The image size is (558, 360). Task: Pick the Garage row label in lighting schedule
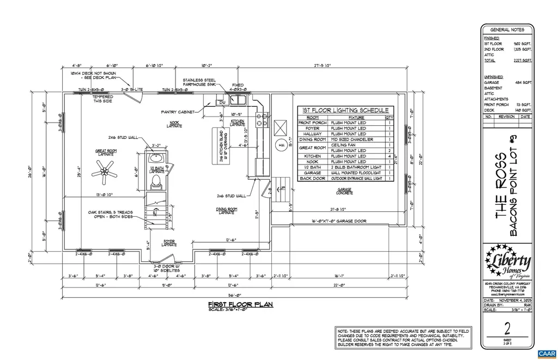pyautogui.click(x=312, y=173)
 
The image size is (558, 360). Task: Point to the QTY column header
pyautogui.click(x=390, y=117)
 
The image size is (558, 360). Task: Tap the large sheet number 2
pyautogui.click(x=508, y=329)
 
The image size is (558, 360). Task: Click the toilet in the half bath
pyautogui.click(x=155, y=180)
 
